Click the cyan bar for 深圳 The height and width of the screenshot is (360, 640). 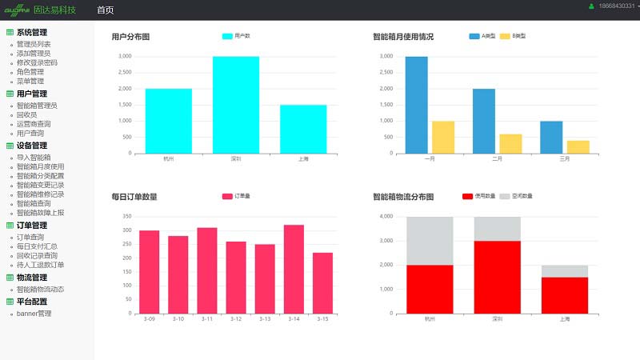(x=235, y=104)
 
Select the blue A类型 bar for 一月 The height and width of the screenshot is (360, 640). (x=416, y=104)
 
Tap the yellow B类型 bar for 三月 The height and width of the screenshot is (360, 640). (x=578, y=146)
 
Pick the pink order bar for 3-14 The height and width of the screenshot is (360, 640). (x=294, y=269)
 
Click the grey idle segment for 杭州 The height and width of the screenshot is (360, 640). (x=430, y=240)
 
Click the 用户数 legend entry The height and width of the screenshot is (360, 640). (x=237, y=36)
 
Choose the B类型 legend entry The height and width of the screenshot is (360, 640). (x=513, y=36)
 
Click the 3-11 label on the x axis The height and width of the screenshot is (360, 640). (x=206, y=319)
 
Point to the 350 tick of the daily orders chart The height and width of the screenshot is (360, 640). (x=126, y=216)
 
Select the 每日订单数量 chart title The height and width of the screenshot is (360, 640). (x=134, y=197)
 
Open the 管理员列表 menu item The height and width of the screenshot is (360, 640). (x=34, y=44)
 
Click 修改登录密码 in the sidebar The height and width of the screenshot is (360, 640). (x=37, y=62)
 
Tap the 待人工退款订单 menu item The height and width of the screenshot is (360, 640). (x=40, y=265)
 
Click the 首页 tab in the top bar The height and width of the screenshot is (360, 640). (x=105, y=10)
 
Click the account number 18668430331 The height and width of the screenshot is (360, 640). (x=614, y=6)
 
